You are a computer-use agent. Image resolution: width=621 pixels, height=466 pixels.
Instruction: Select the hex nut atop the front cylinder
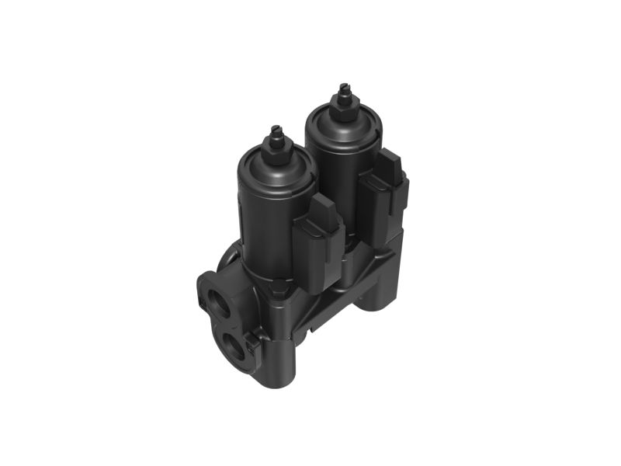tap(276, 147)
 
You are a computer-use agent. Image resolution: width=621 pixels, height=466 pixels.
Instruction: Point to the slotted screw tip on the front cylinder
tap(275, 130)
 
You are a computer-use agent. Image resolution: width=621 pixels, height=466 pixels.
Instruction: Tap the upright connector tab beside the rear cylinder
tap(383, 186)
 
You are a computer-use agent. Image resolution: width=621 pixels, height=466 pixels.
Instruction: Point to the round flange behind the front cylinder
tap(229, 256)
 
